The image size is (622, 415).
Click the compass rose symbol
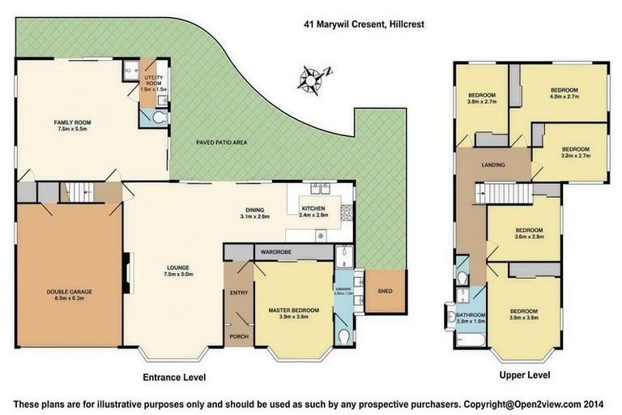click(313, 79)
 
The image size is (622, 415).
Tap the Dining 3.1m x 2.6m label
click(255, 212)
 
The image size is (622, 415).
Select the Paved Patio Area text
click(221, 143)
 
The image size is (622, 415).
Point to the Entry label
click(239, 293)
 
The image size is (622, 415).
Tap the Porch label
click(239, 336)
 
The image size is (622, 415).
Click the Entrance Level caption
click(174, 378)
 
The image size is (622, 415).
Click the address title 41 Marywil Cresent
click(360, 25)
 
